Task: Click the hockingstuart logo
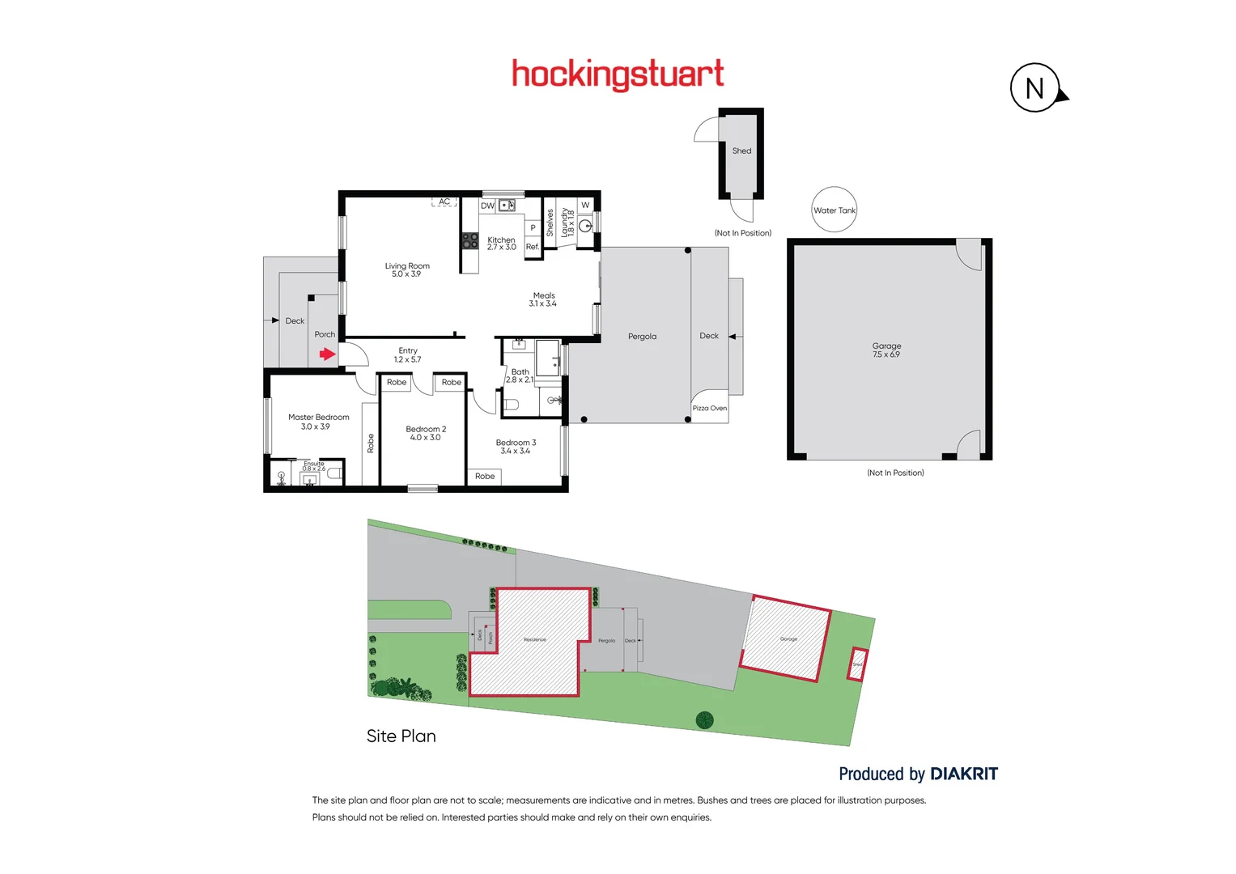[618, 74]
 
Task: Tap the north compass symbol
[1035, 87]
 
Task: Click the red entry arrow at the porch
[327, 354]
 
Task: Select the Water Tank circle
[834, 210]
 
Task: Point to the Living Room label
[407, 269]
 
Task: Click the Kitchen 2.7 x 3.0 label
[501, 243]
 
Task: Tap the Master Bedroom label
[318, 422]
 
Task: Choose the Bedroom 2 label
[426, 433]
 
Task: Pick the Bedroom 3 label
[516, 447]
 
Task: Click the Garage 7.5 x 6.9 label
[886, 350]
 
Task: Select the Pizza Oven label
[709, 408]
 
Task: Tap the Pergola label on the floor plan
[642, 337]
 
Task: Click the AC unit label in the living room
[444, 202]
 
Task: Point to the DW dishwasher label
[487, 206]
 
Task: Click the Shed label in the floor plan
[741, 151]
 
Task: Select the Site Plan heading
[401, 736]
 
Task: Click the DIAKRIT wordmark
[964, 774]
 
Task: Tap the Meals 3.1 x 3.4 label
[543, 299]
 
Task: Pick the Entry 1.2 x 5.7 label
[407, 355]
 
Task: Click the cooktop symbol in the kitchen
[469, 240]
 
